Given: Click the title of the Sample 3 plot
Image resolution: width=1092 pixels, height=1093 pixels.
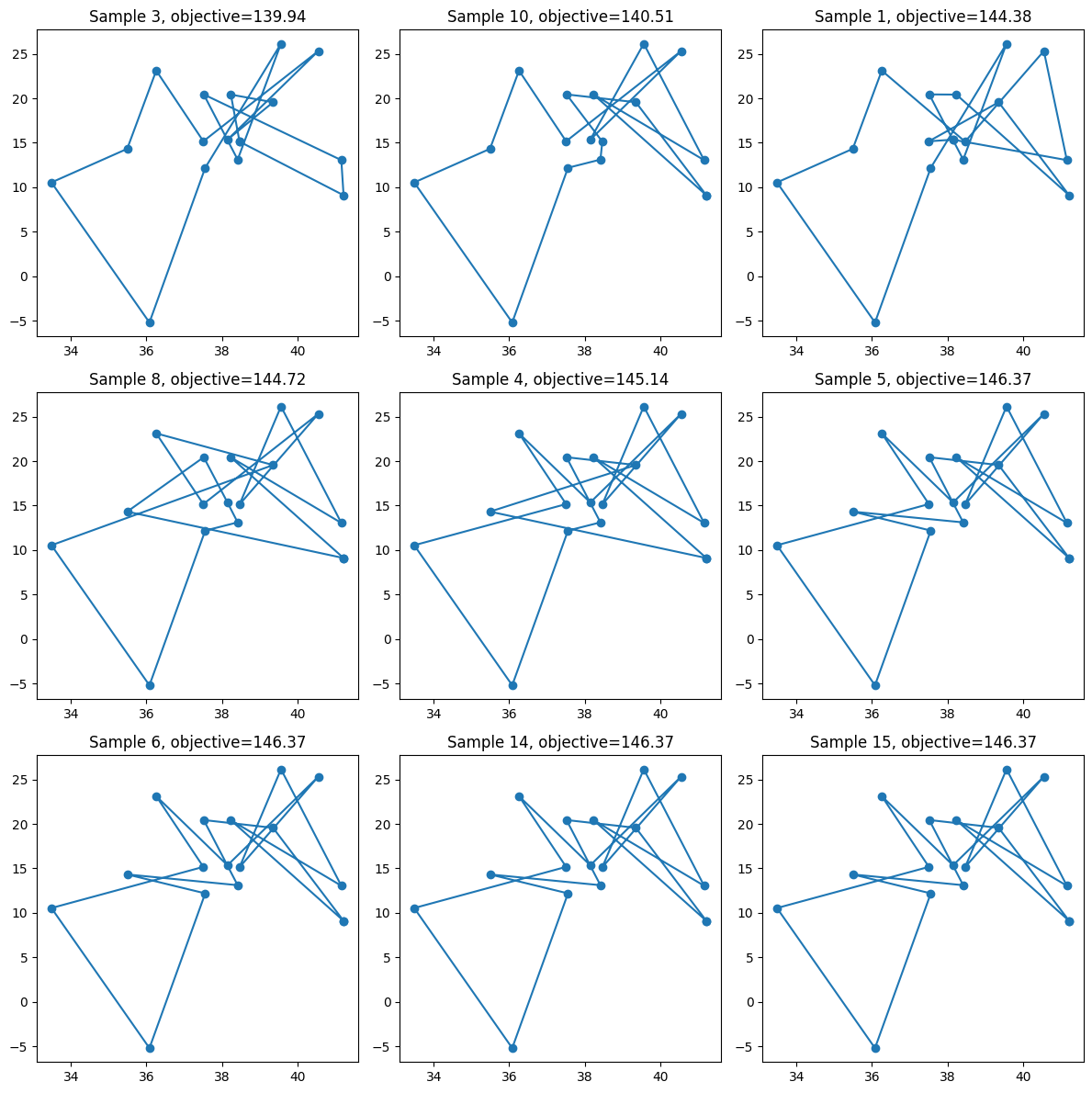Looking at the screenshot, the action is click(197, 16).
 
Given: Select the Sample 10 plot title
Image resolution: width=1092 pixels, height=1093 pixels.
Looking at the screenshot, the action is click(560, 16).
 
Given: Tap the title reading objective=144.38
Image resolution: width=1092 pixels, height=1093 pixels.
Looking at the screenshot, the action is click(923, 16).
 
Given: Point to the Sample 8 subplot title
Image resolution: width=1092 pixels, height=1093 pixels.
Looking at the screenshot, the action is click(197, 379).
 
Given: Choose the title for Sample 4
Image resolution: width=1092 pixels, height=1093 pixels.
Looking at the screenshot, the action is click(560, 379).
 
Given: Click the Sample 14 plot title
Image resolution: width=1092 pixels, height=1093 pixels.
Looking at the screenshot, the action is click(560, 742).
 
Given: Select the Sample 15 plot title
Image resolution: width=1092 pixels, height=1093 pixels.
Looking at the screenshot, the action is click(923, 742).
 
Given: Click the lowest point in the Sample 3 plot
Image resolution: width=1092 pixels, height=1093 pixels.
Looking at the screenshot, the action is click(150, 322).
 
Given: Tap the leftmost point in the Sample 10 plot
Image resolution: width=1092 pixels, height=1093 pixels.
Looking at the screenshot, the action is click(414, 184).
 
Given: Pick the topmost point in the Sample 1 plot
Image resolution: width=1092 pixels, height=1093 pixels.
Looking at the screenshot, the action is click(1007, 45).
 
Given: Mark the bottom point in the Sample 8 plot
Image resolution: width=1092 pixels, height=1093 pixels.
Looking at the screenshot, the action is click(150, 686).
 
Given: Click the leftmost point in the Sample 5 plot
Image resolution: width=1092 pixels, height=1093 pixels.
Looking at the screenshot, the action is click(778, 546).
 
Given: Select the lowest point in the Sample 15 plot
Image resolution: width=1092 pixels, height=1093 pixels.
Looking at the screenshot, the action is click(876, 1048).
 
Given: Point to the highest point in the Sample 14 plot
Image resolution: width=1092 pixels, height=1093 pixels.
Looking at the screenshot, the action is click(644, 771).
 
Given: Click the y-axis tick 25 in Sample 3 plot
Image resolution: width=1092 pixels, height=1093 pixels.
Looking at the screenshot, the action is click(19, 54).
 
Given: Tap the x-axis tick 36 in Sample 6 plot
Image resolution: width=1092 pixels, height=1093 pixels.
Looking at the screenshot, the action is click(146, 1076).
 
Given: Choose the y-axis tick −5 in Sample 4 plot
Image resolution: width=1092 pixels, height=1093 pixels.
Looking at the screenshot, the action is click(381, 684).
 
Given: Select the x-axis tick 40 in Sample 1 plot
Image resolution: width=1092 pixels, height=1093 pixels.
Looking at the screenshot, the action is click(1023, 351).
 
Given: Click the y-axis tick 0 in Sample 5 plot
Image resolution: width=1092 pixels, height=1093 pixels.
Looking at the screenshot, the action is click(749, 639).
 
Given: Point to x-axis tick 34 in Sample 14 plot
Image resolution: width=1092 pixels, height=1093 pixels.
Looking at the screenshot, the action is click(433, 1076).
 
